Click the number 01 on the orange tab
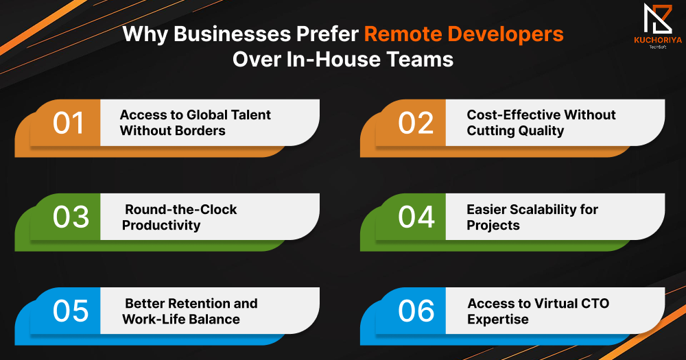coord(68,123)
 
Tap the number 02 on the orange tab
coord(416,123)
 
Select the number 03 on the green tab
coord(71,217)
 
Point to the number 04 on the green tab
coord(416,217)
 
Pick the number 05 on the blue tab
coord(71,311)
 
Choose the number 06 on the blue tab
coord(416,311)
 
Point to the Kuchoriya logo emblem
coord(658,19)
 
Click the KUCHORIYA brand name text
coord(658,40)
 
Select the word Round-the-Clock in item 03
coord(181,210)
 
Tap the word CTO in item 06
coord(595,304)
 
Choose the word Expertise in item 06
coord(498,320)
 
